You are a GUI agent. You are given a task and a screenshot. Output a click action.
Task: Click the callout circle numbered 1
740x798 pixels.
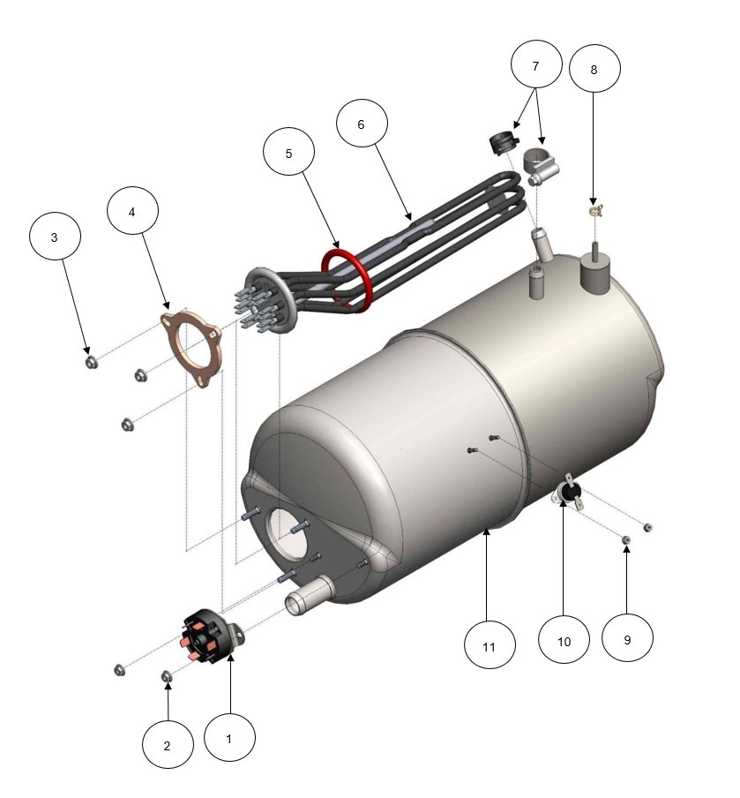(229, 738)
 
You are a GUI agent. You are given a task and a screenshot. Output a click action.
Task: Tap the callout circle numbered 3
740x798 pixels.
(55, 237)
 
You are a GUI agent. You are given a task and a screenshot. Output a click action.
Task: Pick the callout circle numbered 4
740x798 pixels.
(132, 211)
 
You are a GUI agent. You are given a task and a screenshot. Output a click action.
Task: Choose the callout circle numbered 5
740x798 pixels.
(288, 152)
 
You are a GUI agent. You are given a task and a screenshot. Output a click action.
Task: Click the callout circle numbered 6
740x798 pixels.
(362, 124)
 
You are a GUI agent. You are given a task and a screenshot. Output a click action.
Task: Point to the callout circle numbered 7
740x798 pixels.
(536, 64)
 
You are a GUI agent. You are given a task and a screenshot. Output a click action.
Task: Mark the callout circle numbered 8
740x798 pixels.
(594, 69)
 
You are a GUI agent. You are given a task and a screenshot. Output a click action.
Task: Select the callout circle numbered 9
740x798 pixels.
(627, 638)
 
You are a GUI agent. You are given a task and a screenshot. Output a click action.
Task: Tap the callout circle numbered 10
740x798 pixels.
(564, 640)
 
